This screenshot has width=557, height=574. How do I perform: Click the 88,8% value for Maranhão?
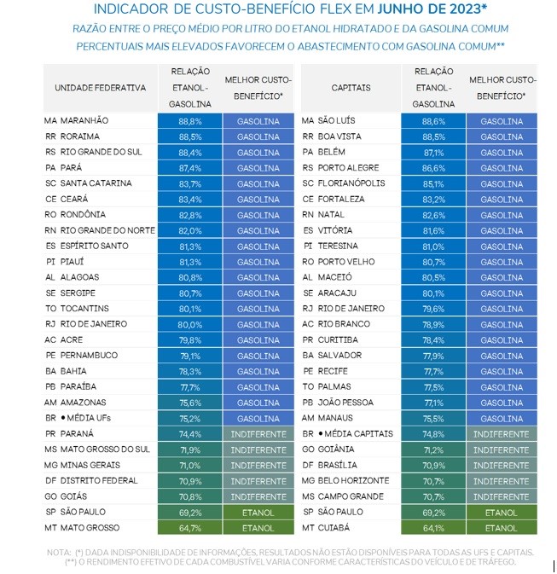coord(189,121)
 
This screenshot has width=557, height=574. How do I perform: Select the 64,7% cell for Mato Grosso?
coord(189,528)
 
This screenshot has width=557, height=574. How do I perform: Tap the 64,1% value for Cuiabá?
coord(432,528)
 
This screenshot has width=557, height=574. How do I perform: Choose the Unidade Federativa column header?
coord(100,88)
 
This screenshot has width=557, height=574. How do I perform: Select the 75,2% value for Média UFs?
coord(189,418)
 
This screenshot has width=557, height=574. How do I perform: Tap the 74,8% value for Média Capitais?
coord(432,434)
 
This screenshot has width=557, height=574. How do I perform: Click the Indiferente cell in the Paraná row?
coord(258,434)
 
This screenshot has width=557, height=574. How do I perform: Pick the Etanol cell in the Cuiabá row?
coord(502,528)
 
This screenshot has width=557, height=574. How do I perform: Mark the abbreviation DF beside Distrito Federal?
coord(50,481)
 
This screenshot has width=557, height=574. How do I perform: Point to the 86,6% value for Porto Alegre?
coord(432,168)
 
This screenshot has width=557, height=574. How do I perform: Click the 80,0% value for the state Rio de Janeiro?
coord(189,324)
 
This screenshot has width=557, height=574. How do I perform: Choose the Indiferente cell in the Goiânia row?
coord(502,449)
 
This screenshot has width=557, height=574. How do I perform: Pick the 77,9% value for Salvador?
coord(432,356)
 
